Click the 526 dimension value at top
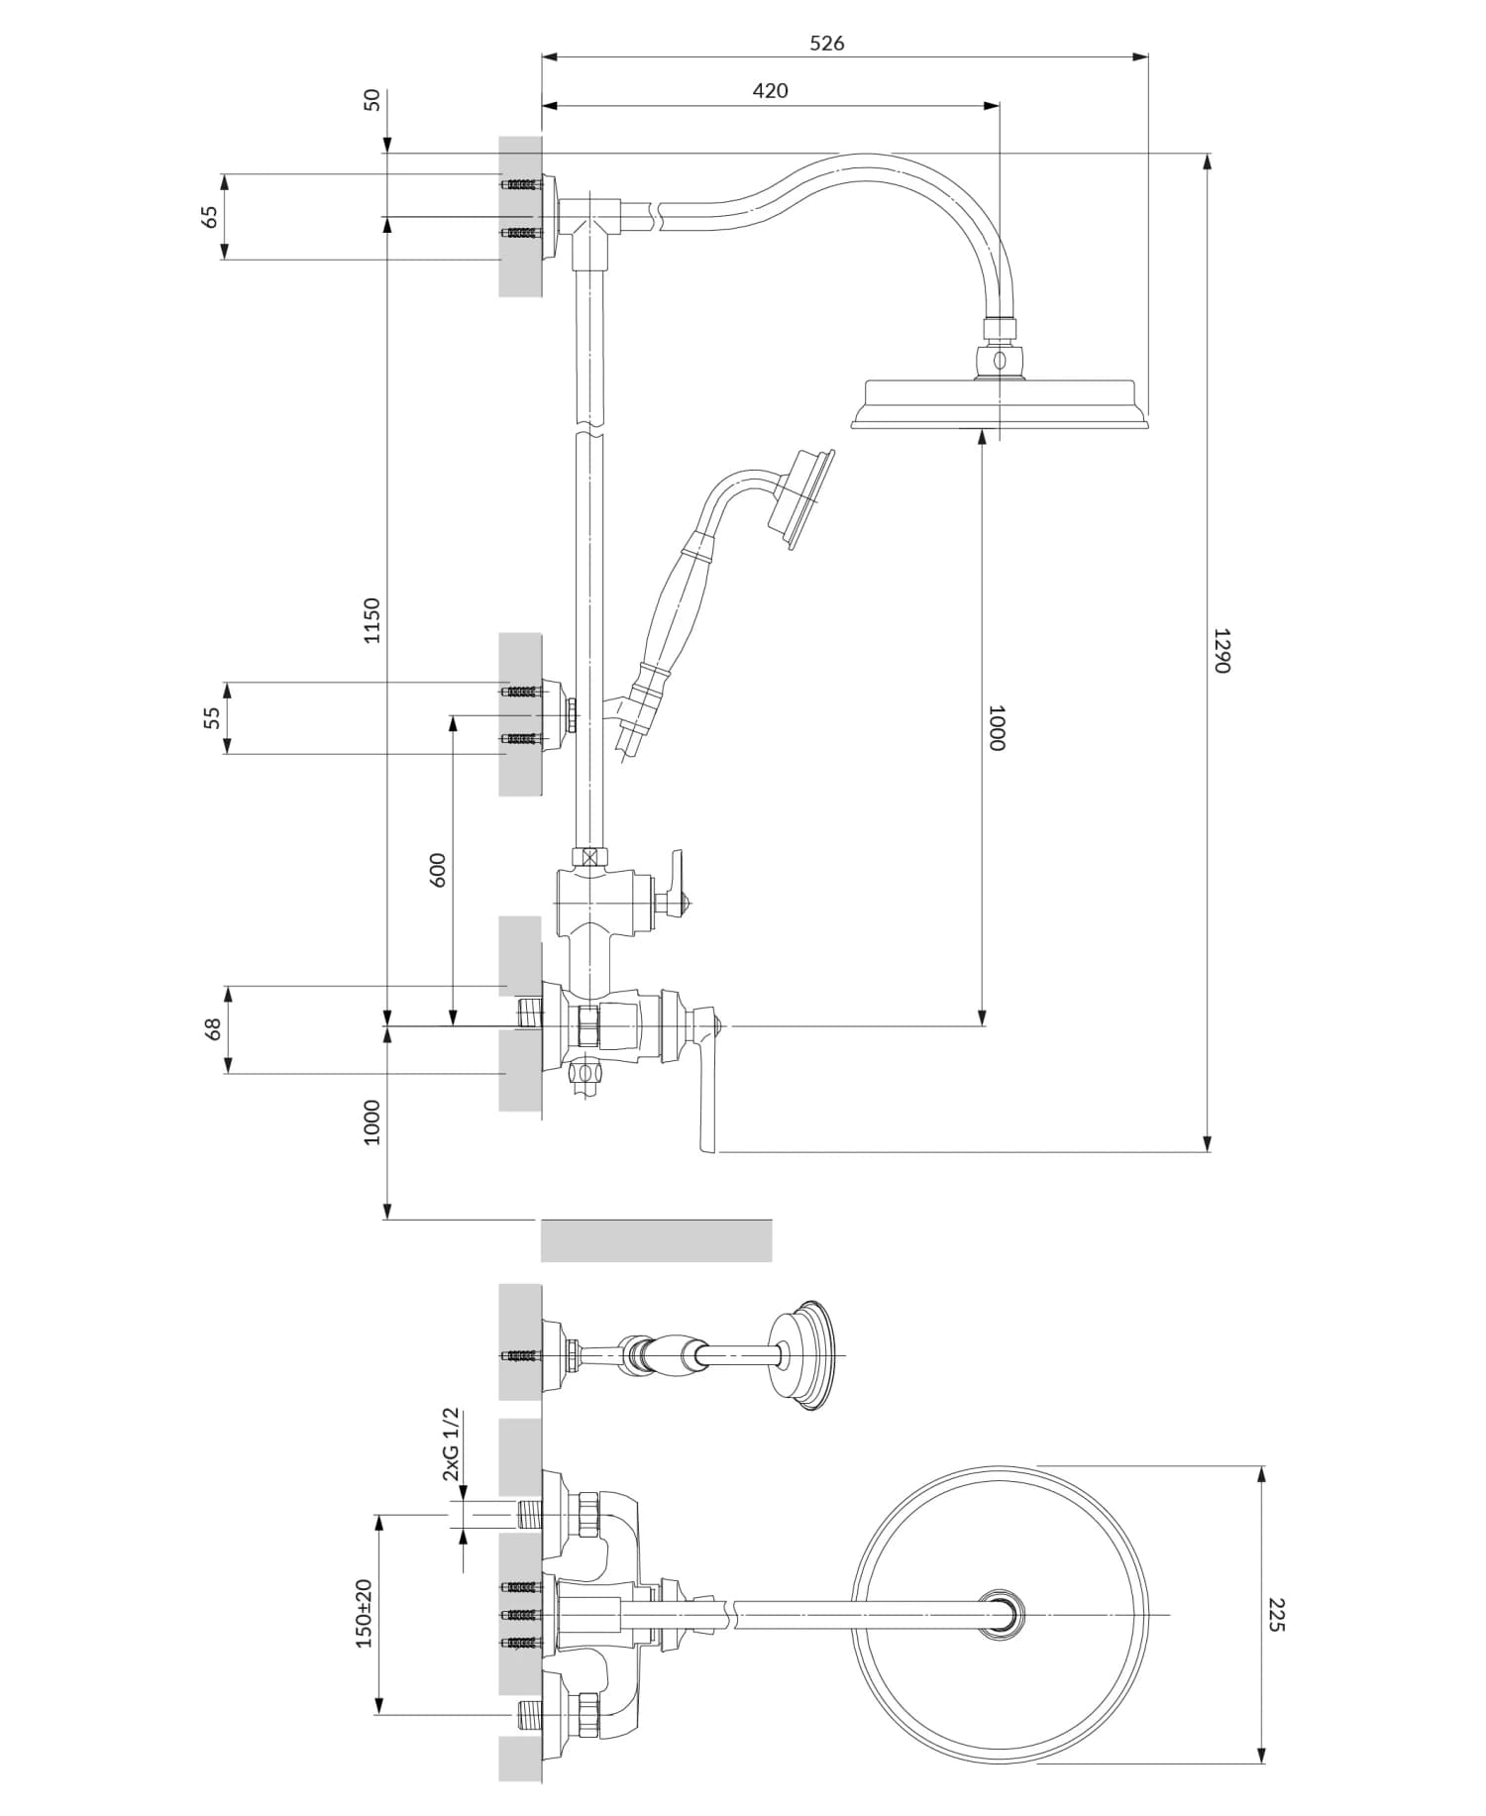(x=826, y=43)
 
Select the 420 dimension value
(x=770, y=90)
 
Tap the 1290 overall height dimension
(x=1221, y=650)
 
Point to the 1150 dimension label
(x=371, y=620)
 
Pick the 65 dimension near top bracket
(x=210, y=216)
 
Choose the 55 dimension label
(x=212, y=718)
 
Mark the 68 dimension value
(x=212, y=1028)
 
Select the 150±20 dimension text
(x=364, y=1614)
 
